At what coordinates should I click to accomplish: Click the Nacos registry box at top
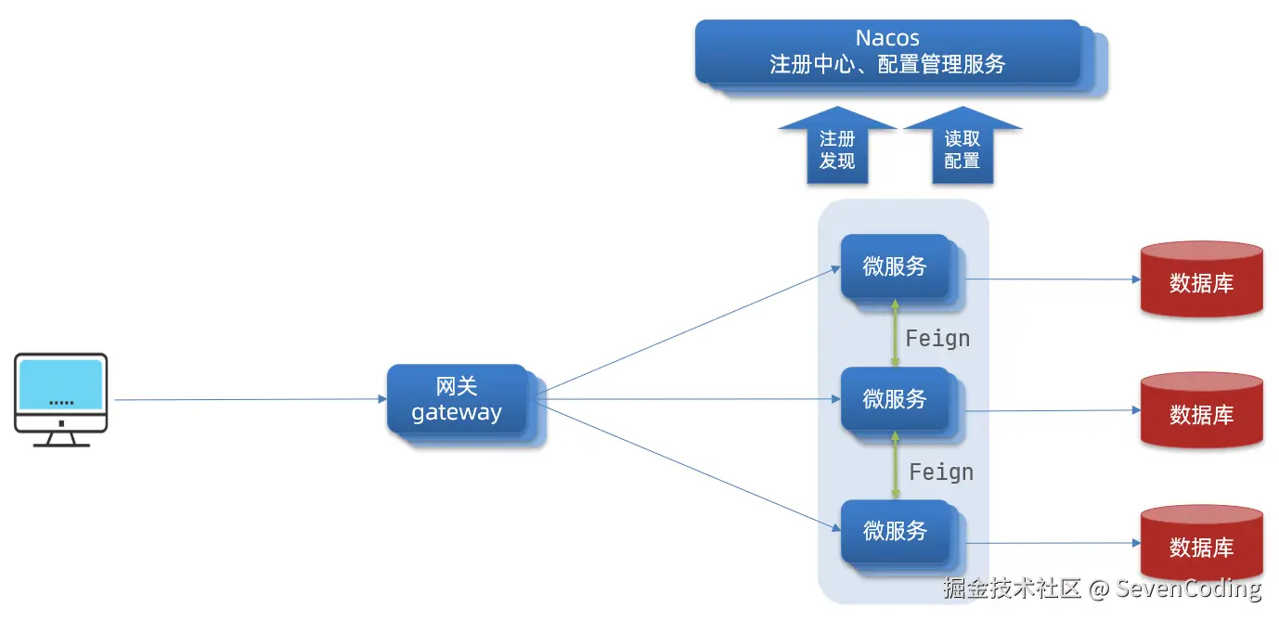tap(888, 52)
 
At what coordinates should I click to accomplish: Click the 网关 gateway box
tap(457, 400)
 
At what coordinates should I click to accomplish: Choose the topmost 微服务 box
tap(895, 266)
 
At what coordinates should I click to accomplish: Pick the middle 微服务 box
tap(895, 399)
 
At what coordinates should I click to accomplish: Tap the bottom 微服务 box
tap(895, 531)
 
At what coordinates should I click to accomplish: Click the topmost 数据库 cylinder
tap(1201, 279)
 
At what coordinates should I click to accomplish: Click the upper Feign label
tap(937, 339)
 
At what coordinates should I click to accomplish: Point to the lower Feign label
tap(941, 472)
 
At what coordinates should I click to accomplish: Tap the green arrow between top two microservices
tap(895, 333)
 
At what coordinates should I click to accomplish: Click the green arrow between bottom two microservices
tap(895, 466)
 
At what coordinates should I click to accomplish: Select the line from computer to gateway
tap(251, 400)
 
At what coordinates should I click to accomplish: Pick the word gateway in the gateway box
tap(457, 413)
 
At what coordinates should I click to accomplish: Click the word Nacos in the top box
tap(887, 38)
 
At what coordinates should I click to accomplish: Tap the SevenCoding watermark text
tap(1188, 588)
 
